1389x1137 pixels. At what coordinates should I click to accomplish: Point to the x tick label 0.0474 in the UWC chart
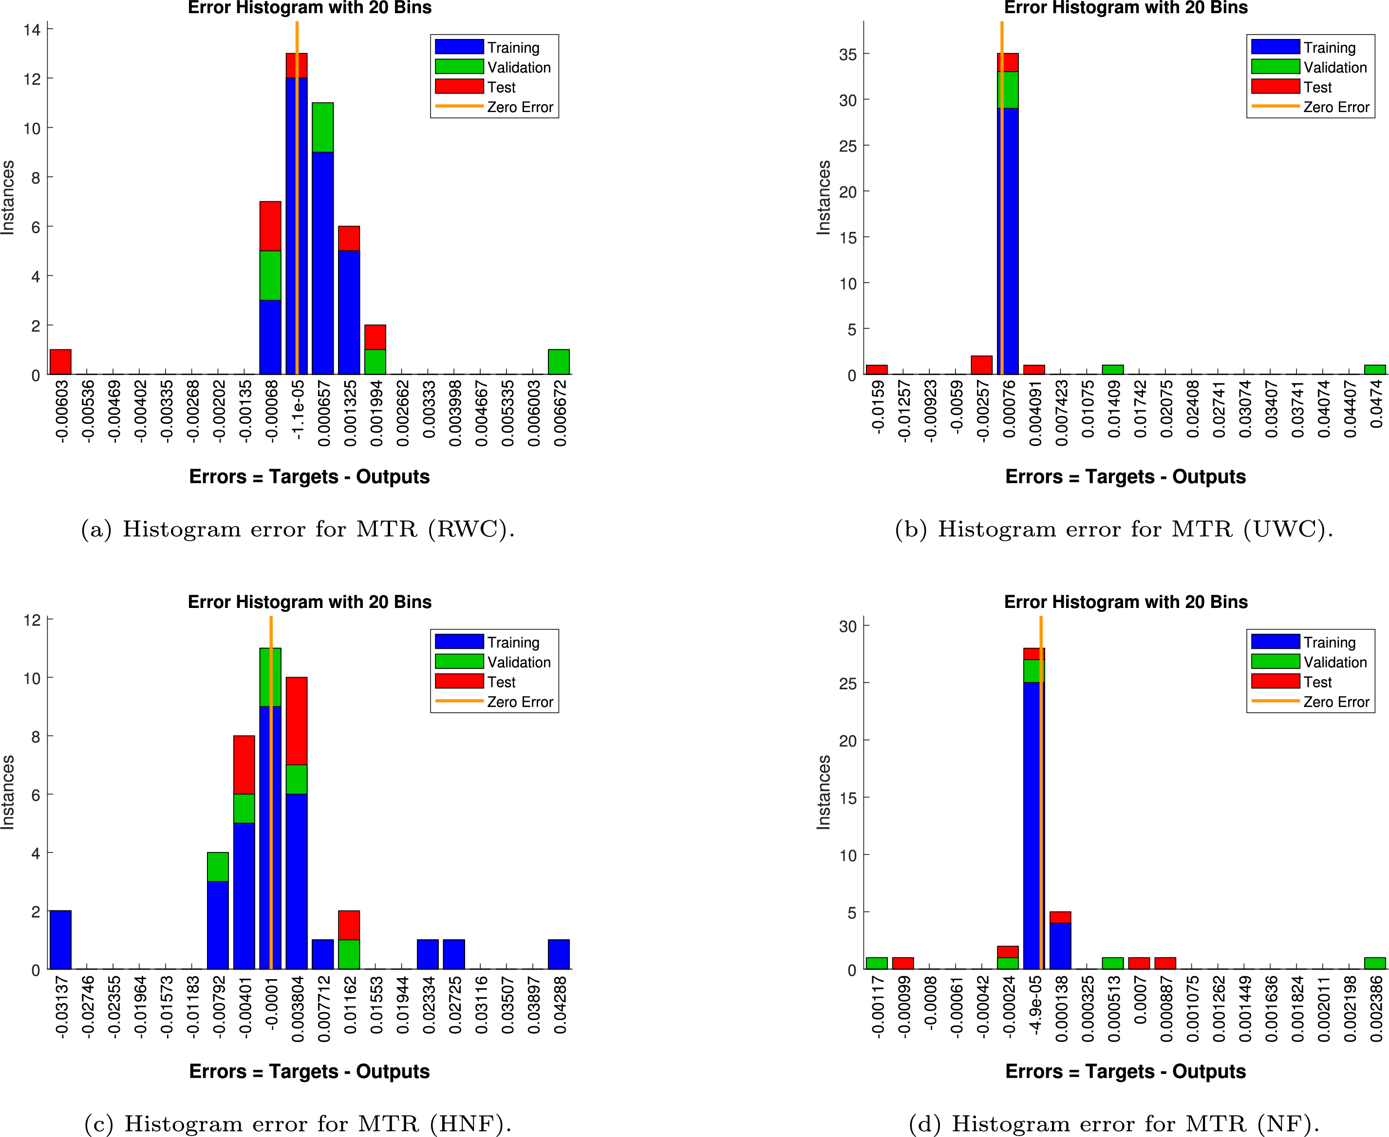click(x=1376, y=404)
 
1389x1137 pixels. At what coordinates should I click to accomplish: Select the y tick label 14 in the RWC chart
click(x=32, y=30)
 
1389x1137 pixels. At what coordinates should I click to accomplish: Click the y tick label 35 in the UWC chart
click(x=847, y=55)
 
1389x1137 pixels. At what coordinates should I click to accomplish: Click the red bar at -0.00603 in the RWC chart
click(x=61, y=362)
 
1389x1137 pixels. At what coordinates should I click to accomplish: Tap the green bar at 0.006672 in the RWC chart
click(x=559, y=362)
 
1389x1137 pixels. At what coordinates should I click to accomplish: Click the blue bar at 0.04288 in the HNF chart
click(x=559, y=954)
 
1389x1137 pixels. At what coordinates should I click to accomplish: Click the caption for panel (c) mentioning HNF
click(x=298, y=1124)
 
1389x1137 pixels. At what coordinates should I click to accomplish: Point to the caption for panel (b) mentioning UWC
click(x=1114, y=529)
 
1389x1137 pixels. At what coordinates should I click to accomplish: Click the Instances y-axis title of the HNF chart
click(x=8, y=793)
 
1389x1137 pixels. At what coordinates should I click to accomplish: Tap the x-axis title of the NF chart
click(x=1125, y=1072)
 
